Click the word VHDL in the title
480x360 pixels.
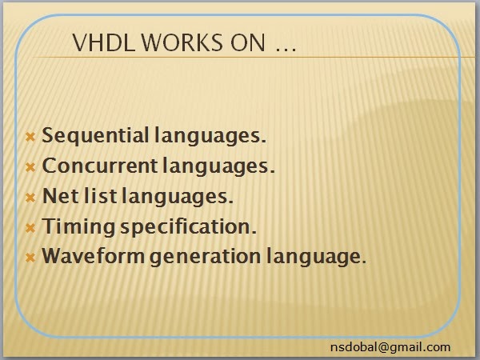(103, 42)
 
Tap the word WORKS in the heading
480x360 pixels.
(182, 42)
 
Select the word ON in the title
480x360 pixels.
(248, 42)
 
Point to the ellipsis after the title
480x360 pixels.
(286, 48)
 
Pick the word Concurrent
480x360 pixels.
(99, 166)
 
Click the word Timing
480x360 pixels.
(78, 227)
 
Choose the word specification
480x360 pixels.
(188, 227)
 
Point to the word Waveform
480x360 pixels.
(93, 256)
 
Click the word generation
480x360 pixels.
(205, 257)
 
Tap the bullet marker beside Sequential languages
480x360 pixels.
(30, 137)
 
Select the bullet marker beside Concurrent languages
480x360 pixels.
(30, 167)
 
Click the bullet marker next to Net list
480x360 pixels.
(30, 198)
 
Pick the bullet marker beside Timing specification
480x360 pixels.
(30, 228)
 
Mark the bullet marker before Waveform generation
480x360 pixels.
(30, 258)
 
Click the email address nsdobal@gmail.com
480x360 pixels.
(390, 347)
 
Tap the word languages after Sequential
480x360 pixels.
(210, 136)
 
